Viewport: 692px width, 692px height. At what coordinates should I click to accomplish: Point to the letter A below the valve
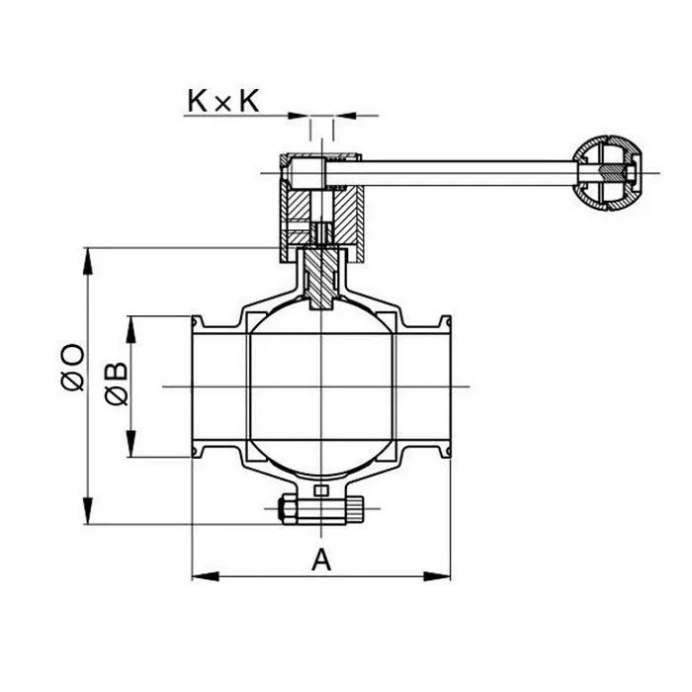point(321,560)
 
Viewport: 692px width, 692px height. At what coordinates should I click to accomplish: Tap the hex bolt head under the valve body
point(287,510)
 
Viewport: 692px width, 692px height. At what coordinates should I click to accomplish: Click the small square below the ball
point(320,491)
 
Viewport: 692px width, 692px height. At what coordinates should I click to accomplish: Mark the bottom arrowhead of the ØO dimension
point(89,521)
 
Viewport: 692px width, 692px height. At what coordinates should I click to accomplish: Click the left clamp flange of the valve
point(197,387)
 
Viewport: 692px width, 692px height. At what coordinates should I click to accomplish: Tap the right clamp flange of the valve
point(446,387)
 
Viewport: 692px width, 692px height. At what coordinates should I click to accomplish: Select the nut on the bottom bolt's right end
point(350,510)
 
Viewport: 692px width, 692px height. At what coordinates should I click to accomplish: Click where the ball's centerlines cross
point(321,387)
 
